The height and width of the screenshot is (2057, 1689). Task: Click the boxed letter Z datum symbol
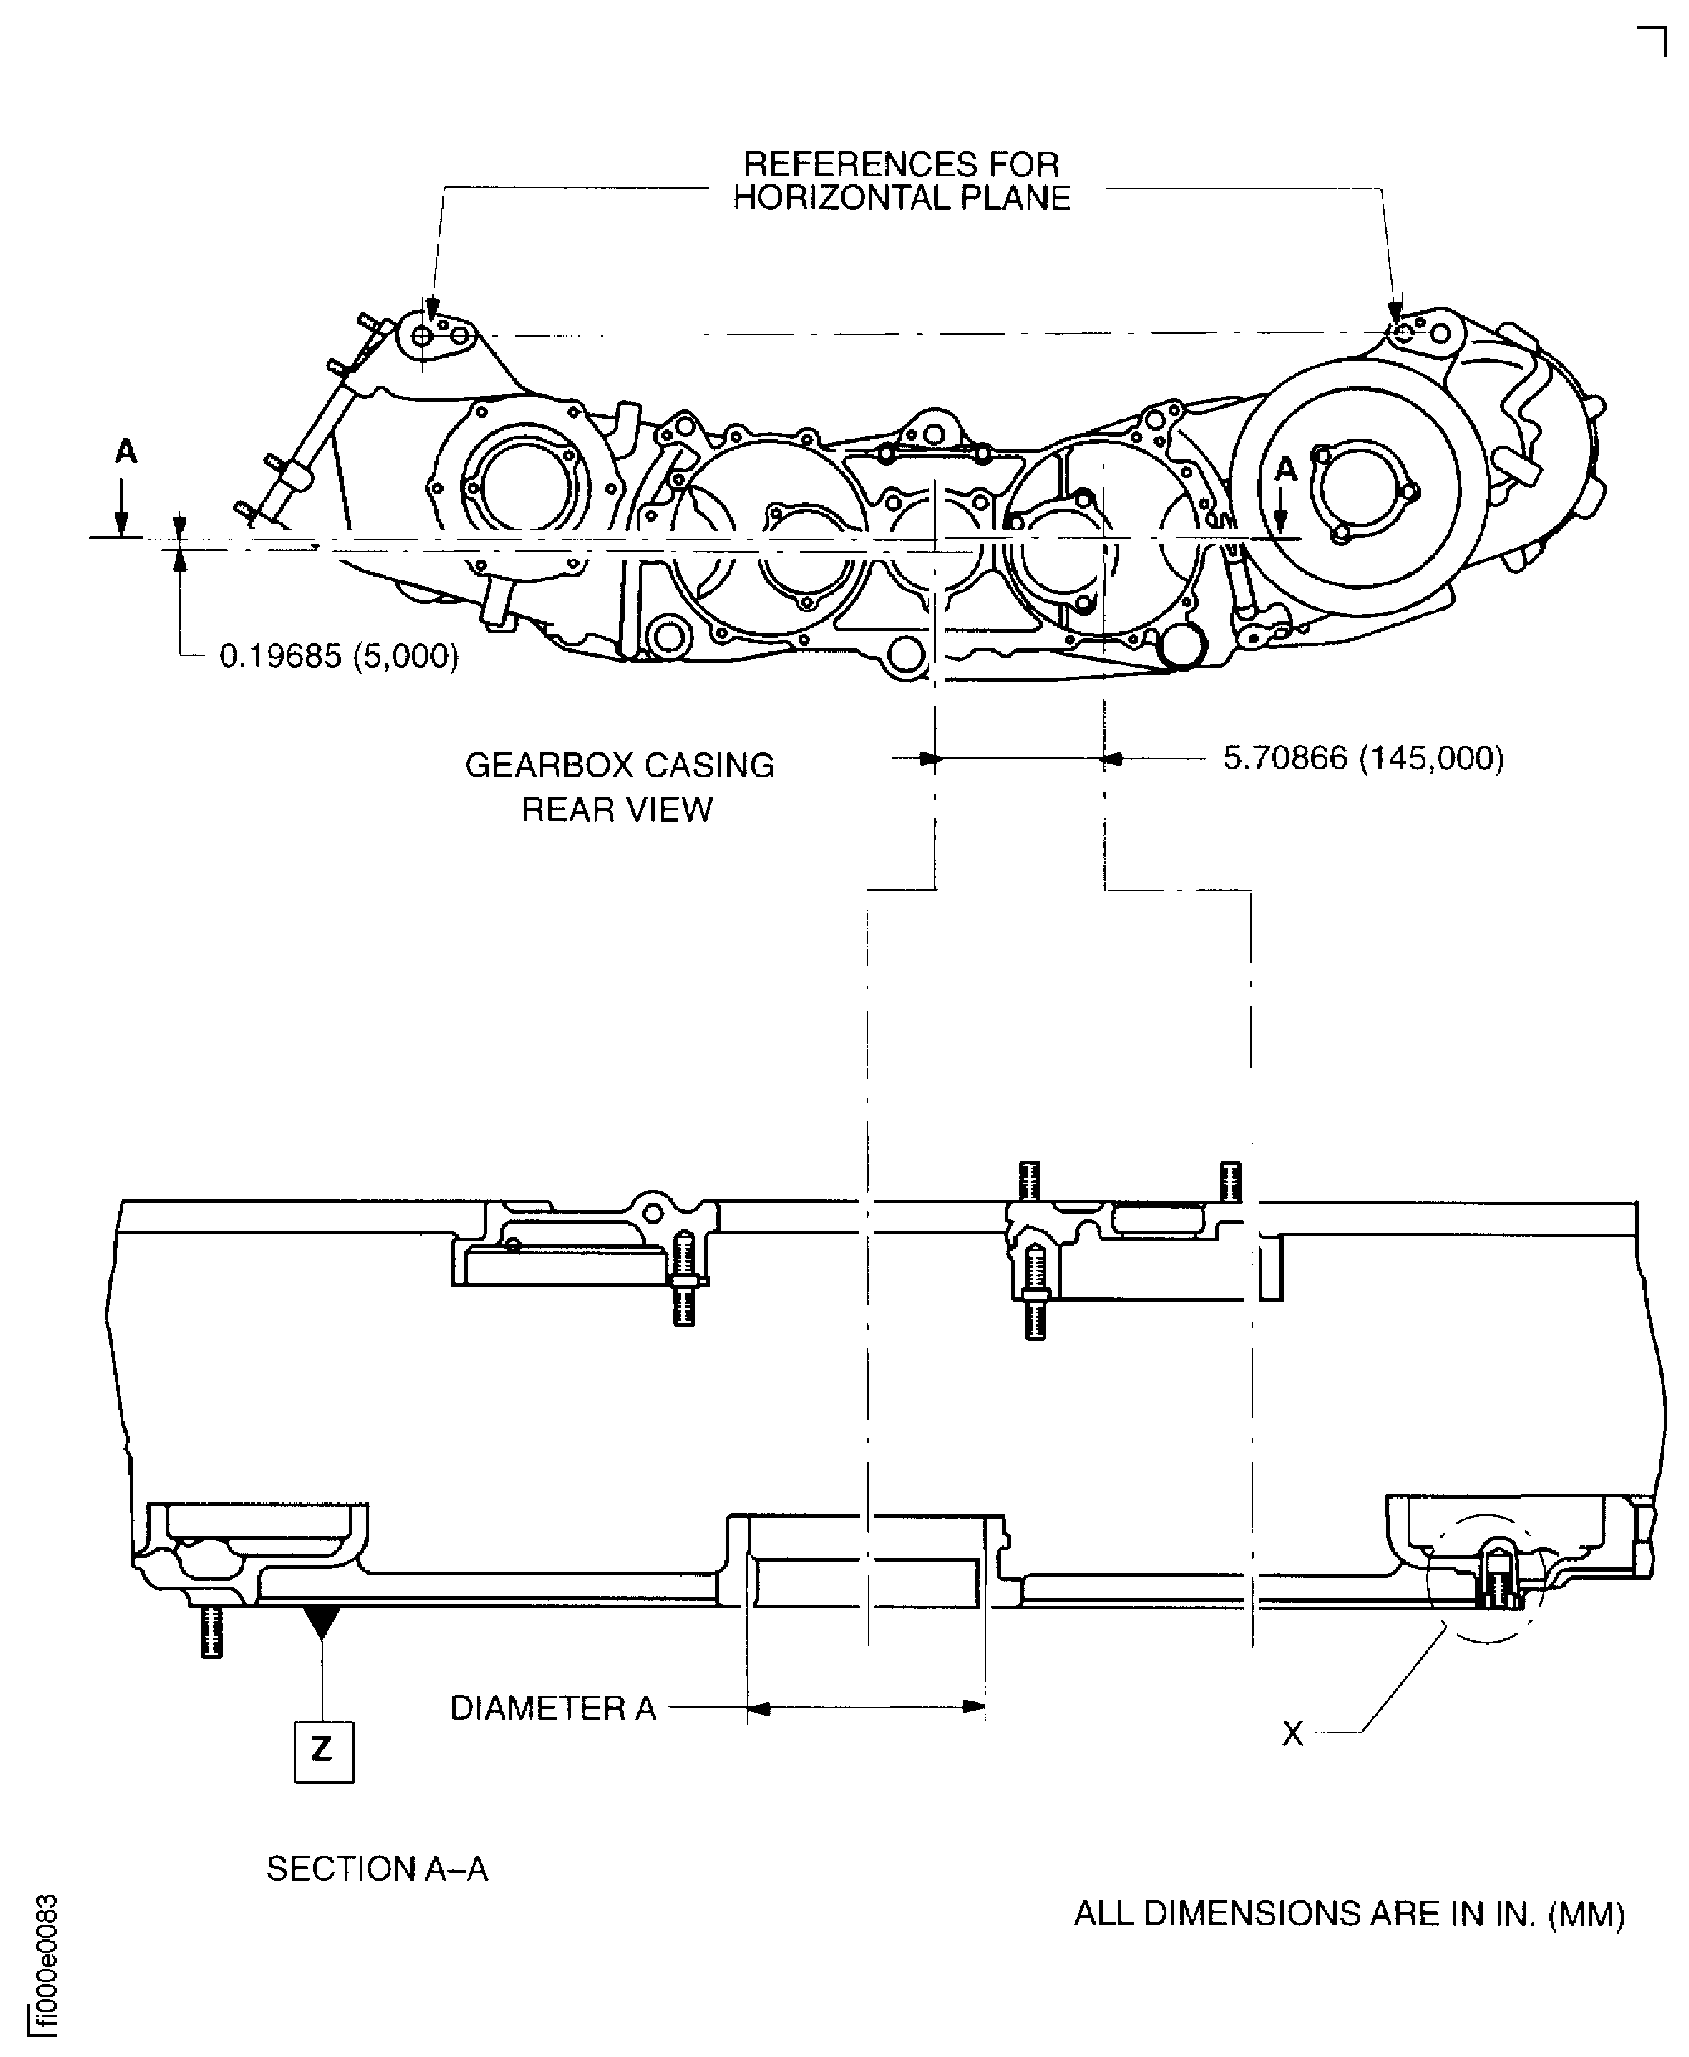(x=324, y=1752)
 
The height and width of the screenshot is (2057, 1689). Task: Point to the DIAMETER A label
(x=553, y=1708)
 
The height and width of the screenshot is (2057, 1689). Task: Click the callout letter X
(x=1292, y=1733)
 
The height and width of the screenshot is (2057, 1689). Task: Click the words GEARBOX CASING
(x=620, y=766)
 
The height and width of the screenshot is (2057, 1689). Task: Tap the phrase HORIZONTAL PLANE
(x=901, y=198)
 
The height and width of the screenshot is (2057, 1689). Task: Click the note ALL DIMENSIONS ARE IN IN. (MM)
(x=1349, y=1914)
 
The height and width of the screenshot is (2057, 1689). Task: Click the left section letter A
(x=125, y=451)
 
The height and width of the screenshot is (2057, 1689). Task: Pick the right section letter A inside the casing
(x=1286, y=469)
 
